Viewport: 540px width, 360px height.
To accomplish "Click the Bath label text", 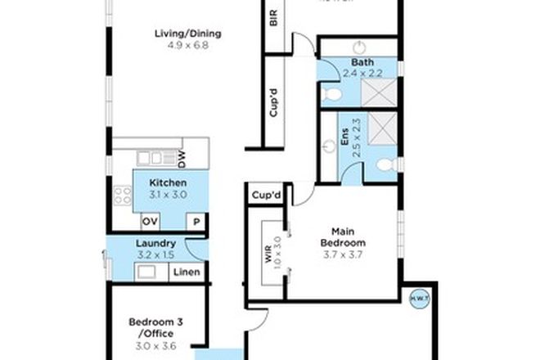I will pos(362,63).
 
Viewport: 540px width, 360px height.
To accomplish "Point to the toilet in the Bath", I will pos(331,97).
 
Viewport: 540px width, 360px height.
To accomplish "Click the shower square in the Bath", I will pos(380,97).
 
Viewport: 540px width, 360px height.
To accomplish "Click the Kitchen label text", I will pos(169,182).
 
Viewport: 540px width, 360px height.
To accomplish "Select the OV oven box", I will pos(151,222).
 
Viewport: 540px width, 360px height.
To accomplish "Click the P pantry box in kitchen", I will pos(197,222).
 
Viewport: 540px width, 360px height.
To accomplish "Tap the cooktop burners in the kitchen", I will pos(123,196).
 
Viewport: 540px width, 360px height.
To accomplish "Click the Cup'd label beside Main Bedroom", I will pos(267,196).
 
